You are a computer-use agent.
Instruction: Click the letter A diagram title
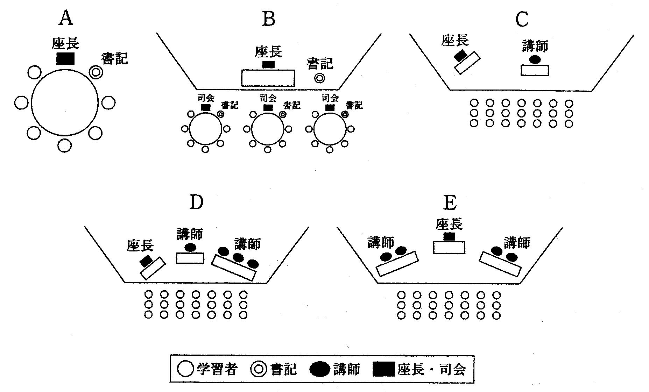pyautogui.click(x=65, y=18)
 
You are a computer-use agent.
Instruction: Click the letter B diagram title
pyautogui.click(x=269, y=19)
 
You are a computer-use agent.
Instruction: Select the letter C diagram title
pyautogui.click(x=522, y=19)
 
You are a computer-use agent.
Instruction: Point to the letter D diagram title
pyautogui.click(x=196, y=202)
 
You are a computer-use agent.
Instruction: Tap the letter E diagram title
pyautogui.click(x=450, y=202)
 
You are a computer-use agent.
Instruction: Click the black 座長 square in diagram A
pyautogui.click(x=65, y=58)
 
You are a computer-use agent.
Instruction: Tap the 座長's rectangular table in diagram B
pyautogui.click(x=268, y=78)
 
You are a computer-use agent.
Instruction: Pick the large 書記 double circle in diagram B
pyautogui.click(x=319, y=78)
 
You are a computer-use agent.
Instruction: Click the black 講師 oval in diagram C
pyautogui.click(x=535, y=59)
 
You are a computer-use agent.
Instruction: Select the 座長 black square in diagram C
pyautogui.click(x=460, y=55)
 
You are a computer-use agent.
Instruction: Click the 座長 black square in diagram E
pyautogui.click(x=449, y=236)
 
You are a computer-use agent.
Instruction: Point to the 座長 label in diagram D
pyautogui.click(x=140, y=245)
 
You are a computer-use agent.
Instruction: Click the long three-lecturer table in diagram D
pyautogui.click(x=233, y=268)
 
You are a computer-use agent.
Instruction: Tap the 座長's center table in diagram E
pyautogui.click(x=449, y=248)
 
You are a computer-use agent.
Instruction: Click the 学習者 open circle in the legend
pyautogui.click(x=185, y=369)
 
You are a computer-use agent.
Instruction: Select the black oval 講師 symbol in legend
pyautogui.click(x=319, y=369)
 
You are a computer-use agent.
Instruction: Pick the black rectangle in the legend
pyautogui.click(x=384, y=369)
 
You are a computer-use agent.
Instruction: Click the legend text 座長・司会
pyautogui.click(x=432, y=369)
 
